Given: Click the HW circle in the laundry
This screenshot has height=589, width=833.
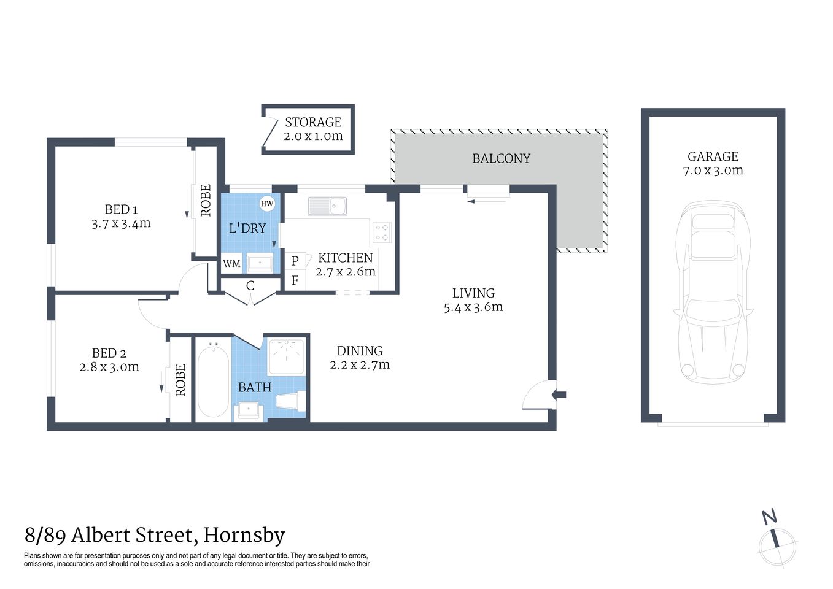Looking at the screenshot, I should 266,204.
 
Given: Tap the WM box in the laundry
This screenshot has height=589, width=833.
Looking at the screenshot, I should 231,264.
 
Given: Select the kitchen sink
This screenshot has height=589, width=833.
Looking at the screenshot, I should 327,206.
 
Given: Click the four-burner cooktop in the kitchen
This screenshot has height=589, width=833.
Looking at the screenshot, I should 381,232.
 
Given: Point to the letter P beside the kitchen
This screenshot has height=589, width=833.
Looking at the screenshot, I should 295,261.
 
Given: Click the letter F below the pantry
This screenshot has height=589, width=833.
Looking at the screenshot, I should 295,281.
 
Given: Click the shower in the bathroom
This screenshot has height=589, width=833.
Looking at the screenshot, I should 287,356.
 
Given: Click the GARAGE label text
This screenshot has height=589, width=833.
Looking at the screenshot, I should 713,156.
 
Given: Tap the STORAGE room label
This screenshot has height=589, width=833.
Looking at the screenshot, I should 313,122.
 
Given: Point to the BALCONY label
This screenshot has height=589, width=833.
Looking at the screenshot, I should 501,158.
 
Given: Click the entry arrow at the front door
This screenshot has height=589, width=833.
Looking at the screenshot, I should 559,395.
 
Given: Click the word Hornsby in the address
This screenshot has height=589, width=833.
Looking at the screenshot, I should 244,535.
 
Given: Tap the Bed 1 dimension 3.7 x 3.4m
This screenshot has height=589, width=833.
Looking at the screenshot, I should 121,224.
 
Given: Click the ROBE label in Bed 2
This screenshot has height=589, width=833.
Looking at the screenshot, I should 180,380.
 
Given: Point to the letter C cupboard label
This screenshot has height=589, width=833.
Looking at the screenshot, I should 250,285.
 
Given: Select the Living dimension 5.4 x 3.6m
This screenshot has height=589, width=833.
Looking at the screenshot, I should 473,307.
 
